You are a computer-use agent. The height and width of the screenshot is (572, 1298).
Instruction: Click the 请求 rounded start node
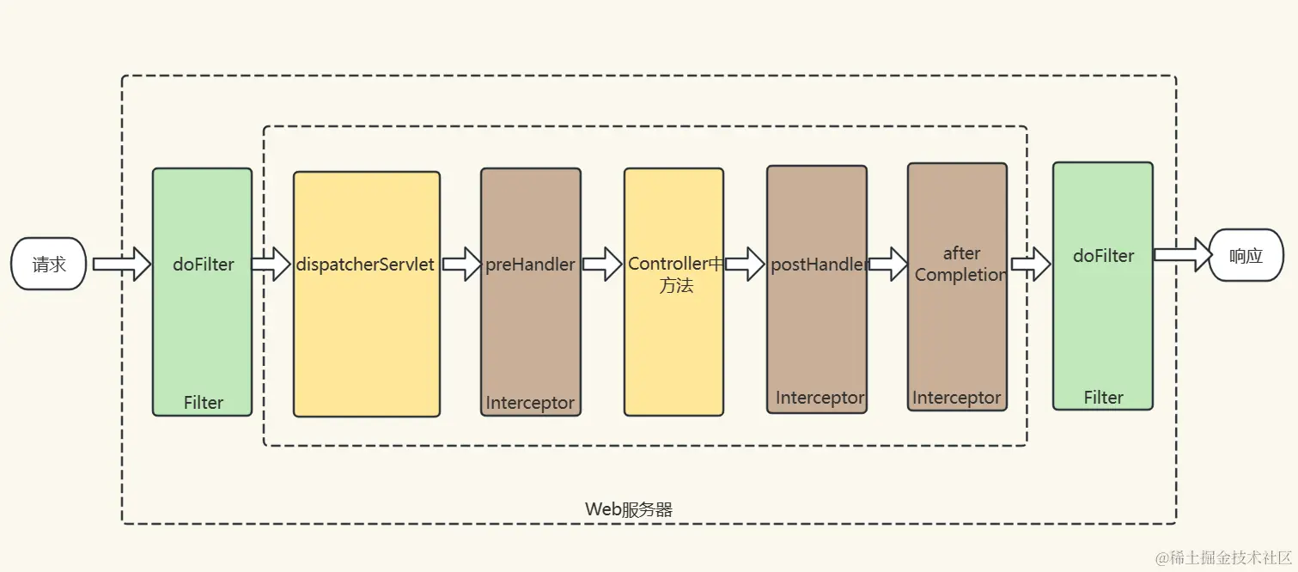(x=49, y=264)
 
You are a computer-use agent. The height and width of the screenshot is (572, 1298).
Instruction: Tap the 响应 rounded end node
(x=1246, y=255)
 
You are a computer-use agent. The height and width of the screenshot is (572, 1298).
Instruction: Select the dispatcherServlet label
(x=365, y=265)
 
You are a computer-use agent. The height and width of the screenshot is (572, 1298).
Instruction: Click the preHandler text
(x=530, y=265)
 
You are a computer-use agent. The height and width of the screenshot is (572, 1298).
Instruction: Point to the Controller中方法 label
(x=675, y=274)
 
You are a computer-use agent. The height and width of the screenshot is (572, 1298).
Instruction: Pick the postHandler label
(x=818, y=265)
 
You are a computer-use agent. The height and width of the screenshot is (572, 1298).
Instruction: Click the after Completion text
(x=960, y=264)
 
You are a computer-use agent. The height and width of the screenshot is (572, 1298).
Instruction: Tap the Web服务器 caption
(x=629, y=509)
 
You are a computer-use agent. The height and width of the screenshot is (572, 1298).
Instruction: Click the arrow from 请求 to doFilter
(x=121, y=264)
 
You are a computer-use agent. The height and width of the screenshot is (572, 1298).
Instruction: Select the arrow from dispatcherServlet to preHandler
(x=461, y=264)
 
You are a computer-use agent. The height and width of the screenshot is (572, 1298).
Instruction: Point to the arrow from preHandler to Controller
(x=602, y=264)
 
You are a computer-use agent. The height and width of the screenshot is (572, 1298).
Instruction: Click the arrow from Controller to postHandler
(x=745, y=264)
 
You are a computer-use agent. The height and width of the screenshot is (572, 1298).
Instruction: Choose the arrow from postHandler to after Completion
(x=888, y=264)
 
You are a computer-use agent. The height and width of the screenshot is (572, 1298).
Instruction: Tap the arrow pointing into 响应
(x=1182, y=255)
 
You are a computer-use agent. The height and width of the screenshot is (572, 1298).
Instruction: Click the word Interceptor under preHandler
(x=530, y=403)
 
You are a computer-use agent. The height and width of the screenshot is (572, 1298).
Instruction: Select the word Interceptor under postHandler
(x=820, y=398)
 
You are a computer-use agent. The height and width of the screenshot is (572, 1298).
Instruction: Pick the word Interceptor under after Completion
(x=956, y=398)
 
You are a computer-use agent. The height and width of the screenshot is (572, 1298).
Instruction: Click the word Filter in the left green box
(x=204, y=402)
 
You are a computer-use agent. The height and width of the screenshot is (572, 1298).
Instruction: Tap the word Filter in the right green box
(x=1103, y=397)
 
